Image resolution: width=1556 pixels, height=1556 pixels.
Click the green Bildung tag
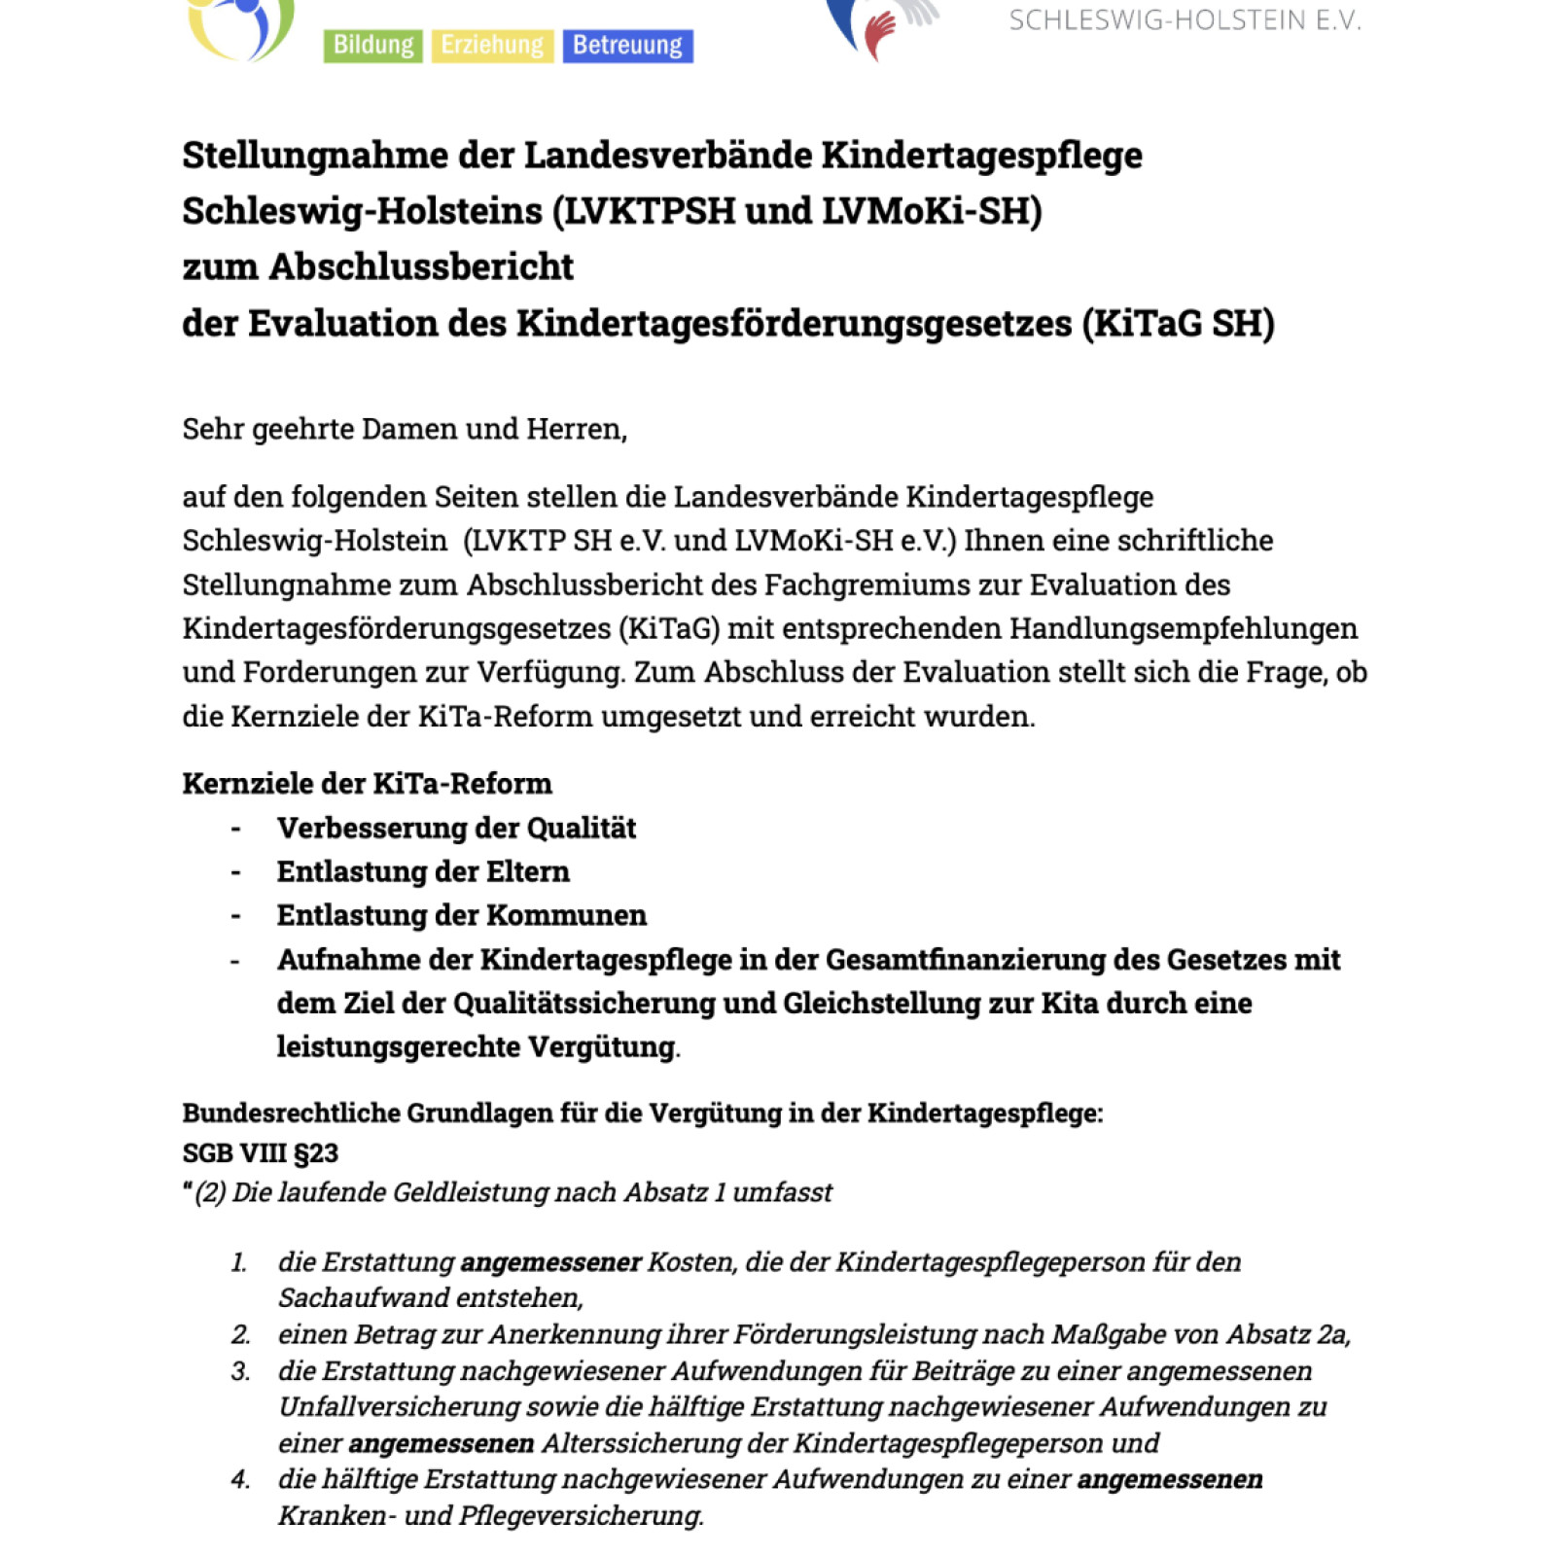(372, 46)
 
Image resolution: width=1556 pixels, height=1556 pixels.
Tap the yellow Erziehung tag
(492, 46)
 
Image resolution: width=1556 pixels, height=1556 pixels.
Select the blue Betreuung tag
(627, 46)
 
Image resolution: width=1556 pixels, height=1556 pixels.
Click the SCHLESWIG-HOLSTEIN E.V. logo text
(1185, 20)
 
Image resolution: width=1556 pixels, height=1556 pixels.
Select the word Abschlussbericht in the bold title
(421, 267)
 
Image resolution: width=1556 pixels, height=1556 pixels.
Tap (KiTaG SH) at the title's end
(1178, 324)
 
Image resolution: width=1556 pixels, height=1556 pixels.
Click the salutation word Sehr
(213, 429)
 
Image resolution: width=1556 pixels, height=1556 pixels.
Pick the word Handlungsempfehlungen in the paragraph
(1184, 628)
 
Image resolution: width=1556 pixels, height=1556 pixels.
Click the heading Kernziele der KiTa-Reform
(367, 784)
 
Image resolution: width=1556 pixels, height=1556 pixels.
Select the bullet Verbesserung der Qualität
(456, 829)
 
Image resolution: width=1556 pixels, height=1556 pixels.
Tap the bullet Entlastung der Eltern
(423, 872)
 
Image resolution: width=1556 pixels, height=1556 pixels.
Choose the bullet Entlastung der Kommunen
(462, 916)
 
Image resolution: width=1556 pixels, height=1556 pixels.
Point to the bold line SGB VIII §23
(260, 1153)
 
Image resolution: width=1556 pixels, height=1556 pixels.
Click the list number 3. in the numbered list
(240, 1371)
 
